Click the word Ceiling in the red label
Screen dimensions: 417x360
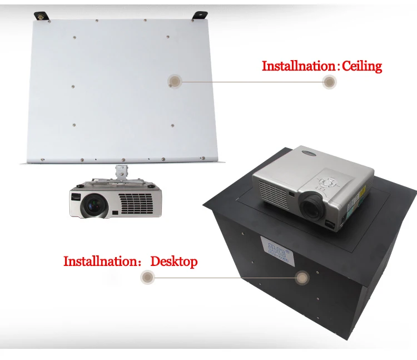point(361,66)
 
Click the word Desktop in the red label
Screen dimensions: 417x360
point(174,261)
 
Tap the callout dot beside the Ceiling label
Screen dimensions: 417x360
point(330,82)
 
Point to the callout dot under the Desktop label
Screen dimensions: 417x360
point(147,275)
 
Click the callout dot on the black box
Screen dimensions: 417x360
point(302,276)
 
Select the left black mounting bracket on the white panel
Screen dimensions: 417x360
point(41,16)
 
